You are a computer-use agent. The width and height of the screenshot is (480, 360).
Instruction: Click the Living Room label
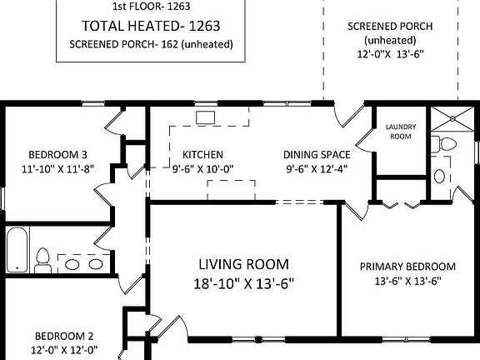coord(243,264)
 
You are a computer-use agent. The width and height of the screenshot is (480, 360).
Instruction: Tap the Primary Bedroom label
coord(407,267)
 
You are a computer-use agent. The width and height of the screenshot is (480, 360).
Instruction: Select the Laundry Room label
coord(401,132)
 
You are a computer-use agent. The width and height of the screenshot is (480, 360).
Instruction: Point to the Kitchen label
coord(202,155)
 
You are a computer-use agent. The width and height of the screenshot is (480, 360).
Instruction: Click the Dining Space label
coord(317,155)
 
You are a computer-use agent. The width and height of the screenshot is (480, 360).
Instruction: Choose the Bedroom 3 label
coord(57,155)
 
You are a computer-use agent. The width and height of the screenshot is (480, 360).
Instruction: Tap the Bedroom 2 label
coord(64,336)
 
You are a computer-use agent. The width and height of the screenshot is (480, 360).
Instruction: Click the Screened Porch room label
coord(390,27)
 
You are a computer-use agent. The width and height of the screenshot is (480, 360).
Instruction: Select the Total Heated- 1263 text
coord(151,26)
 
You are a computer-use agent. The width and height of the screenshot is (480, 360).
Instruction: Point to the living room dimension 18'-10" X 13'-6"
coord(243,284)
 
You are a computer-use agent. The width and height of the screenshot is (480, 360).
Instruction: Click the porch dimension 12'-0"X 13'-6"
coord(390,54)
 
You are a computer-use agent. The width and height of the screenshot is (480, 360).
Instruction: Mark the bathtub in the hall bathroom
coord(17,249)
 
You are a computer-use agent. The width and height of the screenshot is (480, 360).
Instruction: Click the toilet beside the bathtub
coord(42,261)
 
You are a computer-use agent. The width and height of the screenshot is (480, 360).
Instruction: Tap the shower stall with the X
coord(452,118)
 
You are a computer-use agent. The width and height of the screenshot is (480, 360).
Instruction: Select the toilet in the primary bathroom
coord(444,144)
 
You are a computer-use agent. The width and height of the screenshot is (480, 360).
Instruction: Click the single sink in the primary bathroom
coord(440,177)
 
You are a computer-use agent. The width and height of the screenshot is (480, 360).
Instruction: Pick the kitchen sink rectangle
coord(205,117)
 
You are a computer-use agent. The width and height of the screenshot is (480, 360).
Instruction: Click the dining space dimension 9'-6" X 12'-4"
coord(317,168)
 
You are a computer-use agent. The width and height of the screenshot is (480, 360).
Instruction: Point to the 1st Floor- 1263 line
coord(151,7)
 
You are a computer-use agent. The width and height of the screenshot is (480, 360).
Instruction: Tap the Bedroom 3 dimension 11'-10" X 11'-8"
coord(57,168)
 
